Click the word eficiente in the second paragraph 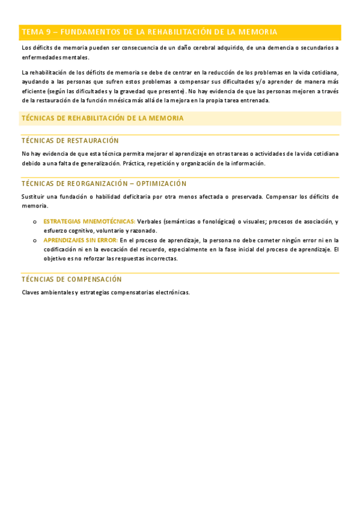(x=34, y=91)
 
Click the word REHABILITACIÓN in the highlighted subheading (x=95, y=118)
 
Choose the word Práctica (x=135, y=163)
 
